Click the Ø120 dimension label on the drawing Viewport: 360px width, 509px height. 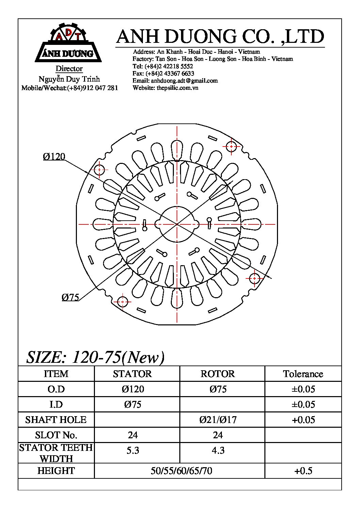pos(54,157)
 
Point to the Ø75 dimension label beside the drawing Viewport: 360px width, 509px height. pos(70,298)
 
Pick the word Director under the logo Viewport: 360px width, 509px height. pos(69,69)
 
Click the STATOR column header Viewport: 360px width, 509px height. pos(132,374)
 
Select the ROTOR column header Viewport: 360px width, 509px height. pos(218,374)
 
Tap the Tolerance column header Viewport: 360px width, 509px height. pos(303,374)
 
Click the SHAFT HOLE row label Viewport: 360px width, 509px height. pos(56,420)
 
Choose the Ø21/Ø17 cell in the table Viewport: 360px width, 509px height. pos(218,420)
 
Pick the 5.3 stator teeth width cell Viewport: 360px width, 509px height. pos(133,451)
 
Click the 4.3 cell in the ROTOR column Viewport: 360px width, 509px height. pos(218,451)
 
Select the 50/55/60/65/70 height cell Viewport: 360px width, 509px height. pos(181,471)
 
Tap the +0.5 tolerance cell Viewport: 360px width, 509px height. pos(303,471)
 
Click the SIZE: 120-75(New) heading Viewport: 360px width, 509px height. pos(95,357)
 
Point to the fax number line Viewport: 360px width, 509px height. pos(163,73)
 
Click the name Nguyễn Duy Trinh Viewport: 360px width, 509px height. pos(69,79)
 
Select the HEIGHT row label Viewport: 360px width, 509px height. pos(56,471)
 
